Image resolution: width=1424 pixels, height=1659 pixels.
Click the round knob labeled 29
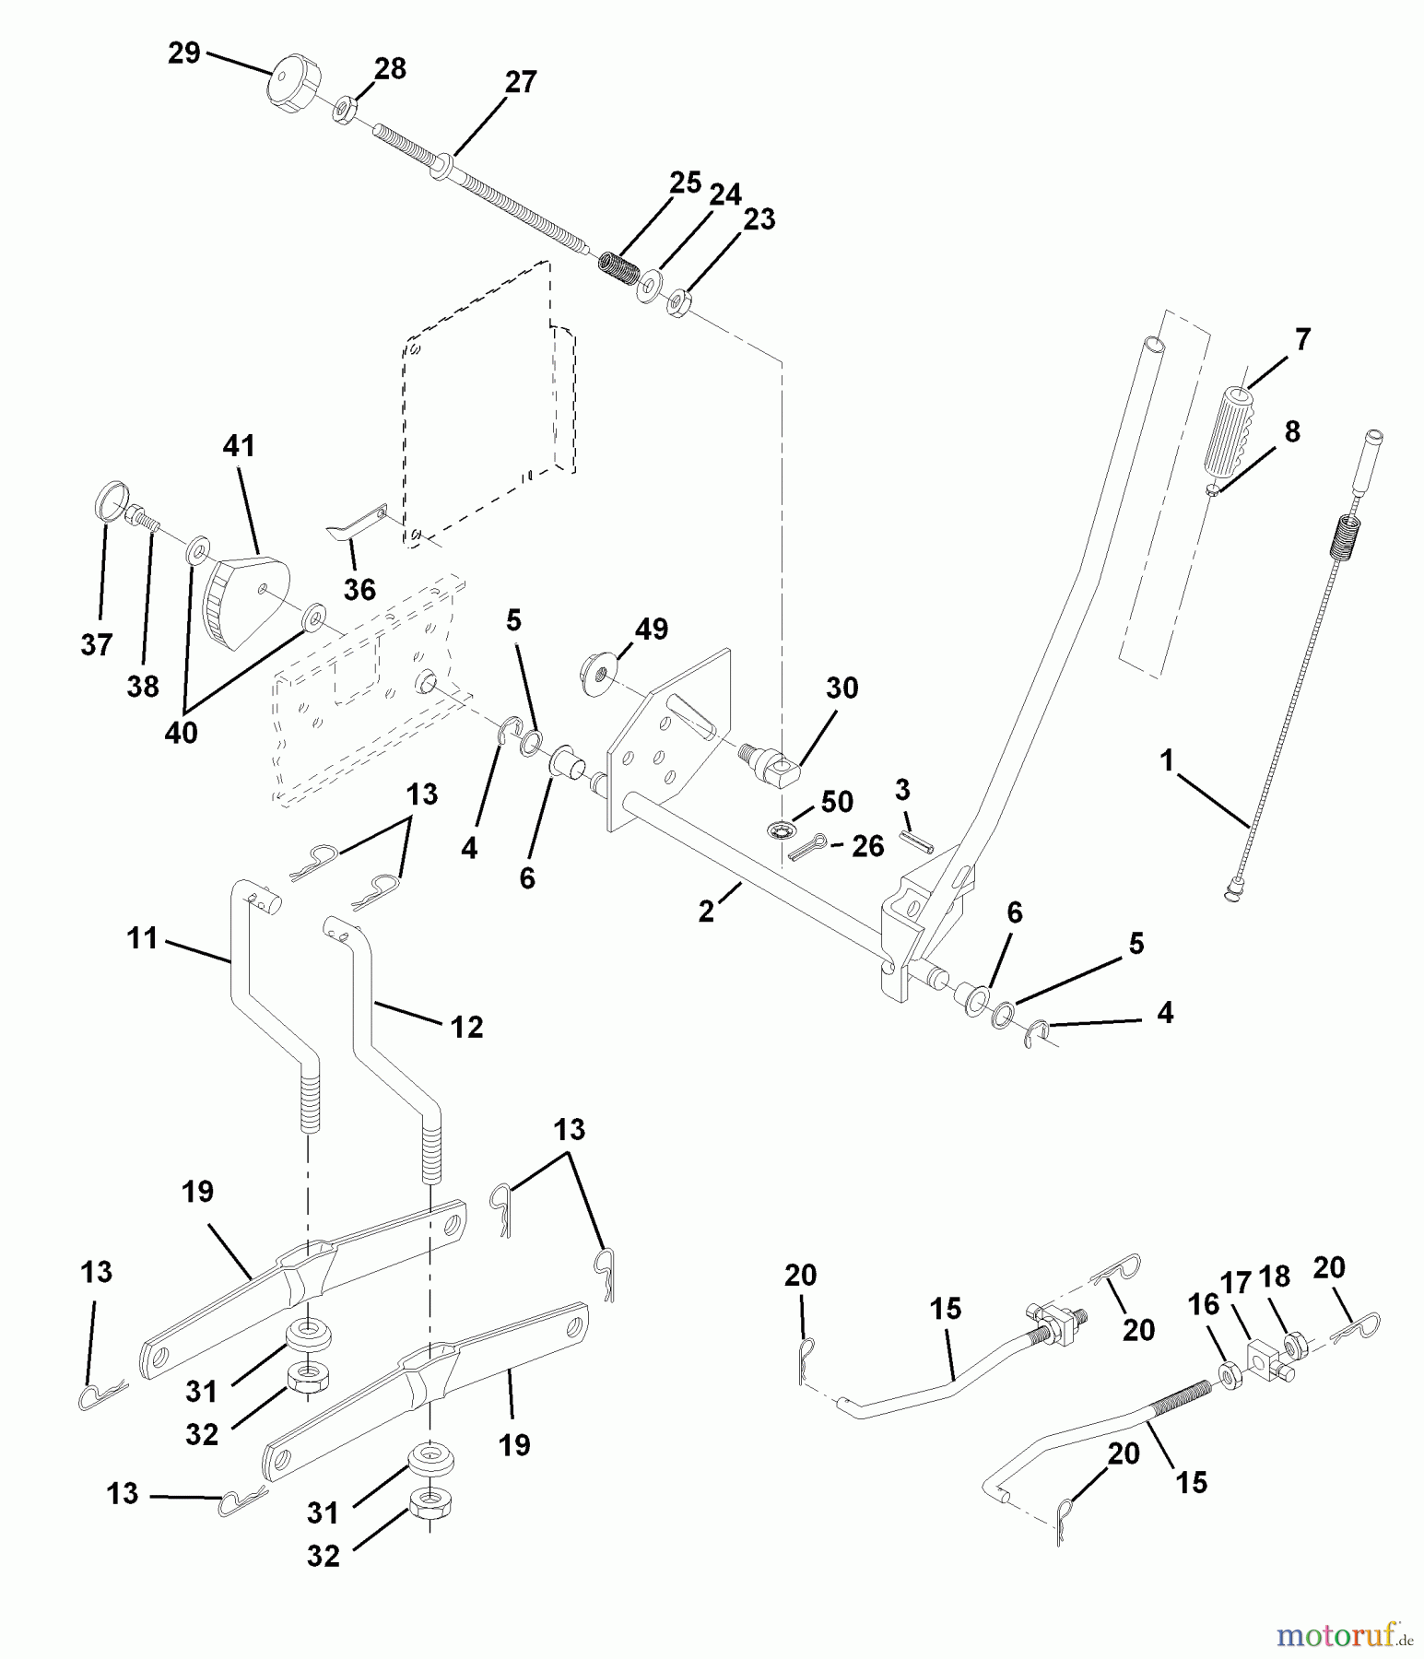288,88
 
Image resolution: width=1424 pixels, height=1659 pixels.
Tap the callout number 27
521,83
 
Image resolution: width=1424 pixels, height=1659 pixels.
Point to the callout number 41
239,446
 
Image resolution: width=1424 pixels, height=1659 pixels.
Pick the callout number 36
359,589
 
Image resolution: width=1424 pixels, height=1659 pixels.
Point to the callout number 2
707,912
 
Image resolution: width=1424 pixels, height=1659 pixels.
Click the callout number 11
143,940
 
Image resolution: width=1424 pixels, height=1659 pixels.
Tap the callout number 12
466,1027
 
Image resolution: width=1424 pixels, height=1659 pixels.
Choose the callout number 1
1168,761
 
